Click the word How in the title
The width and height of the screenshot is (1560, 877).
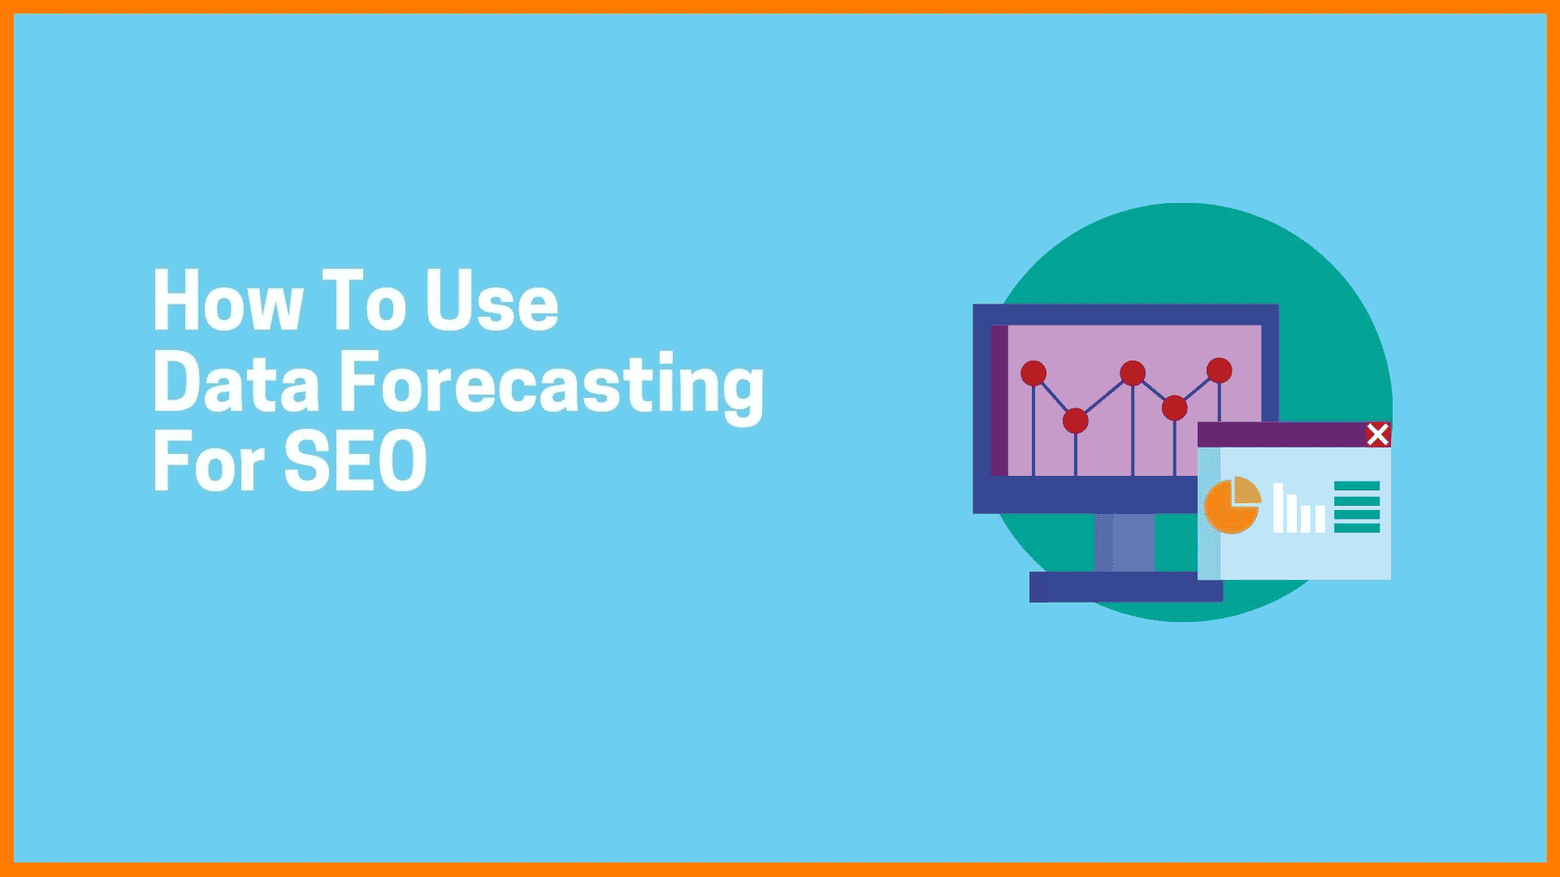coord(228,300)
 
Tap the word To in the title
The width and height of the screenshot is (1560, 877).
coord(363,300)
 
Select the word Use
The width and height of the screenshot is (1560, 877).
coord(492,300)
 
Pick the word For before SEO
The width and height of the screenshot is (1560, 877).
coord(209,461)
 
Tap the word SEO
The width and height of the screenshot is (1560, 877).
coord(356,461)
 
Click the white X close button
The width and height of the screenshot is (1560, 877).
coord(1377,434)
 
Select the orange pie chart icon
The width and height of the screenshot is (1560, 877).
coord(1232,505)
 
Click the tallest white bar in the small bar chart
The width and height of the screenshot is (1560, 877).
coord(1278,508)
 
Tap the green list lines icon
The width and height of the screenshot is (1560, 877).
coord(1357,507)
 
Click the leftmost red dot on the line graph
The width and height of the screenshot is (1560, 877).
coord(1033,373)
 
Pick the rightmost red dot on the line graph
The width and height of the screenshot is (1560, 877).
coord(1219,370)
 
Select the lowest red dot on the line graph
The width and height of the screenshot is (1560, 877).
coord(1075,421)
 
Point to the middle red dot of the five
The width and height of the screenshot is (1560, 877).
coord(1133,373)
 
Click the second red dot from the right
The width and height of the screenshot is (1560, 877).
coord(1174,408)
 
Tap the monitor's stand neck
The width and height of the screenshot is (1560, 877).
coord(1124,542)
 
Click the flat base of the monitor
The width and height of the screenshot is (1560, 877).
coord(1126,587)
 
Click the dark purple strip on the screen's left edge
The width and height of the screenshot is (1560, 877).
coord(999,400)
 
